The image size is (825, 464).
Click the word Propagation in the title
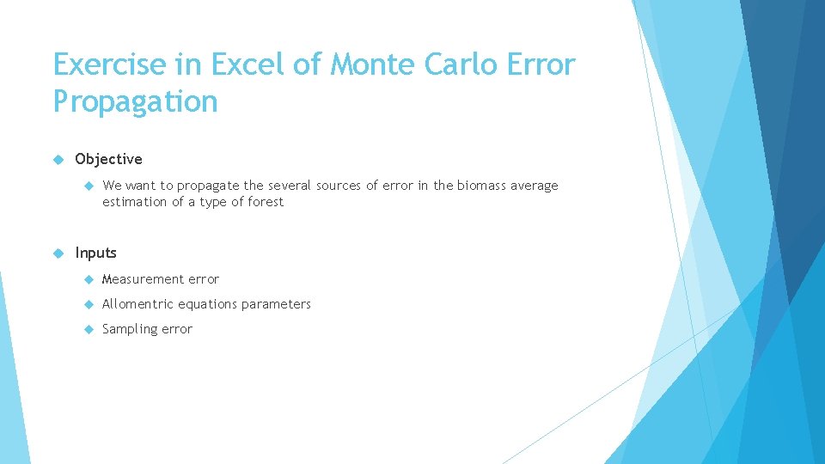(135, 102)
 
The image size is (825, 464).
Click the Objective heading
(108, 159)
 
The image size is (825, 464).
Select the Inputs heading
(95, 253)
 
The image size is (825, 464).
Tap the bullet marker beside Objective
(58, 159)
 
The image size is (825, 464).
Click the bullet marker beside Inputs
(58, 253)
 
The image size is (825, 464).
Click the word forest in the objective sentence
(266, 202)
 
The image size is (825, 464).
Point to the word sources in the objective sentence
(339, 186)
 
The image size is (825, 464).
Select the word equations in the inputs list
(207, 304)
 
